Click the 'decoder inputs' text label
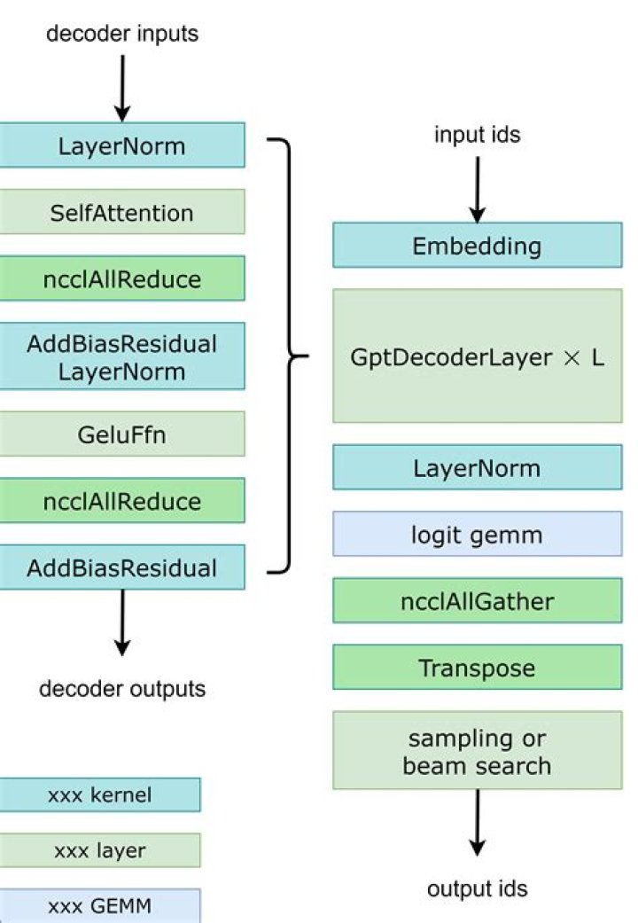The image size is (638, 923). pyautogui.click(x=121, y=34)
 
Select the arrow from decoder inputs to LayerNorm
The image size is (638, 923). pyautogui.click(x=122, y=89)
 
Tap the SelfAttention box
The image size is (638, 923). pyautogui.click(x=121, y=212)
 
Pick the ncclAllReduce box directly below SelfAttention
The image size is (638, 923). pyautogui.click(x=121, y=278)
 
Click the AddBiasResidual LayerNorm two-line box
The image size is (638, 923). pyautogui.click(x=121, y=356)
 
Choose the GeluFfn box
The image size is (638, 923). pyautogui.click(x=121, y=434)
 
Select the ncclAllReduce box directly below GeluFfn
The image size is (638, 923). pyautogui.click(x=121, y=500)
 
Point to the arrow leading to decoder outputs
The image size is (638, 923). pyautogui.click(x=122, y=622)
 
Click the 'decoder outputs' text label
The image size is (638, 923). pyautogui.click(x=122, y=689)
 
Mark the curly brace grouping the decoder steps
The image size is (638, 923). pyautogui.click(x=290, y=356)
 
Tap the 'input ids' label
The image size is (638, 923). pyautogui.click(x=478, y=135)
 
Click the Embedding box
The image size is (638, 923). pyautogui.click(x=478, y=246)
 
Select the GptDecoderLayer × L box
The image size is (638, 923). pyautogui.click(x=478, y=356)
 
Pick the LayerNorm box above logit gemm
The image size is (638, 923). pyautogui.click(x=478, y=467)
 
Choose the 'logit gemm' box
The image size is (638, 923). pyautogui.click(x=478, y=534)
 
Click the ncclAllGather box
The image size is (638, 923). pyautogui.click(x=478, y=600)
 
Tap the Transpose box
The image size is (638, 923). pyautogui.click(x=478, y=667)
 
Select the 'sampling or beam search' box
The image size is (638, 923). pyautogui.click(x=478, y=750)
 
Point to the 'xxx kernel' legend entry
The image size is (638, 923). pyautogui.click(x=100, y=794)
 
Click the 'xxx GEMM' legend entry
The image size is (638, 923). pyautogui.click(x=100, y=905)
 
